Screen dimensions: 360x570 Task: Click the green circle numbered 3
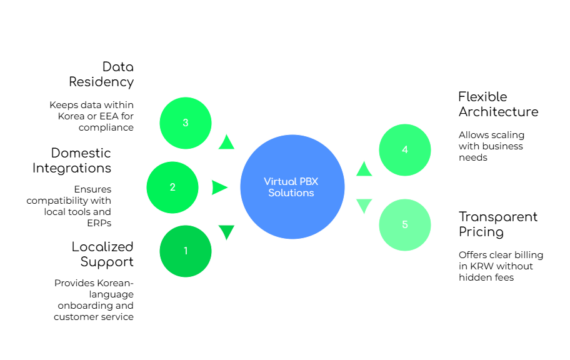pyautogui.click(x=186, y=123)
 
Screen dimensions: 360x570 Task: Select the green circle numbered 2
pyautogui.click(x=172, y=187)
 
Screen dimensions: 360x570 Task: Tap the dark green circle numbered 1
pyautogui.click(x=186, y=251)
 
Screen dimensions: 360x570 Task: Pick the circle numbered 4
pyautogui.click(x=405, y=150)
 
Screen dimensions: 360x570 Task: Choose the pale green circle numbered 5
pyautogui.click(x=405, y=225)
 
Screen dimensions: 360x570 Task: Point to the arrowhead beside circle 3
pyautogui.click(x=226, y=142)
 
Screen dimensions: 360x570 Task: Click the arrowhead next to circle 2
pyautogui.click(x=219, y=187)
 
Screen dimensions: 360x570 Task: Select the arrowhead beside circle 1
pyautogui.click(x=226, y=232)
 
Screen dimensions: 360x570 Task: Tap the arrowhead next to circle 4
pyautogui.click(x=364, y=169)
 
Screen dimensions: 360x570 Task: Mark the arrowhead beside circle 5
pyautogui.click(x=364, y=206)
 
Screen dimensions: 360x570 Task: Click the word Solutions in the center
pyautogui.click(x=291, y=193)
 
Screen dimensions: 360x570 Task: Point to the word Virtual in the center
pyautogui.click(x=280, y=181)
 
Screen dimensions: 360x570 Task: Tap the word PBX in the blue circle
pyautogui.click(x=308, y=181)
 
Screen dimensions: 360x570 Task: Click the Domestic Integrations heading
pyautogui.click(x=72, y=159)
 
